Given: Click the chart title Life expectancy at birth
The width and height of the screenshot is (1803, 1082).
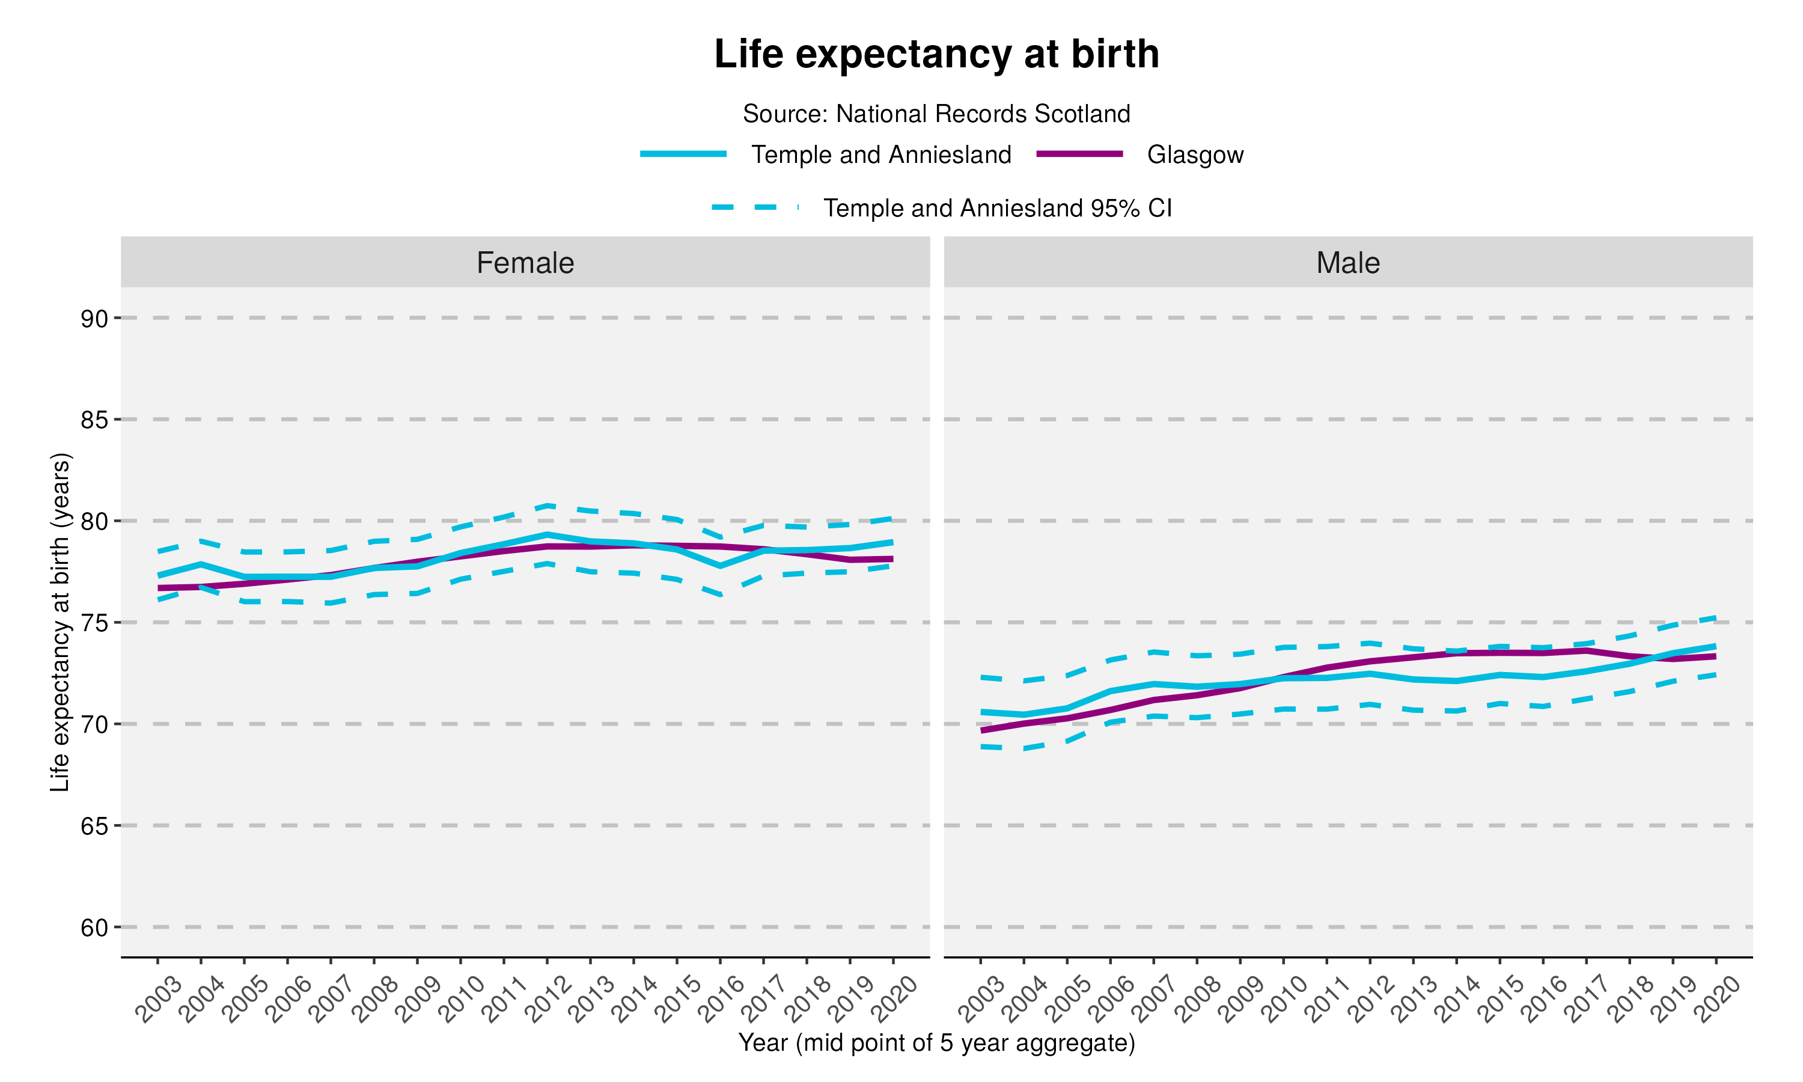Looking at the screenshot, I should click(936, 54).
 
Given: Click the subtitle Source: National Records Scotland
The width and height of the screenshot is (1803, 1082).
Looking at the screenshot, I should click(936, 114).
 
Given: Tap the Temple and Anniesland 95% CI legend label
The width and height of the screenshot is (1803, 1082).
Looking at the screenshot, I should click(997, 209).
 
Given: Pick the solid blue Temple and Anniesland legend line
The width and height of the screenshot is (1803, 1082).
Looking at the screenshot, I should click(683, 154).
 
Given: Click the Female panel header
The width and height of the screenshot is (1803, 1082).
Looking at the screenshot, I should click(525, 263).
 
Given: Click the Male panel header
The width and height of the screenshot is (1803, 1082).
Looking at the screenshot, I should click(1347, 263).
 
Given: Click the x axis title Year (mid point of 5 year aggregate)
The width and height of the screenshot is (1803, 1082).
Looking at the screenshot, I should click(936, 1044).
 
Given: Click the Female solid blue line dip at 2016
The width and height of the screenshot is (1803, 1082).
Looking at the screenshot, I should click(720, 566).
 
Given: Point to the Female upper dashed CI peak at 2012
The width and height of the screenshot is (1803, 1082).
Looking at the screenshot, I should click(546, 506).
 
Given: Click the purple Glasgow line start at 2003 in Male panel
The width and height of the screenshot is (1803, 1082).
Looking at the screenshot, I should click(981, 730).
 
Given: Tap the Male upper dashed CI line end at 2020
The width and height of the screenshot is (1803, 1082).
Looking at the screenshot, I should click(1715, 617).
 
